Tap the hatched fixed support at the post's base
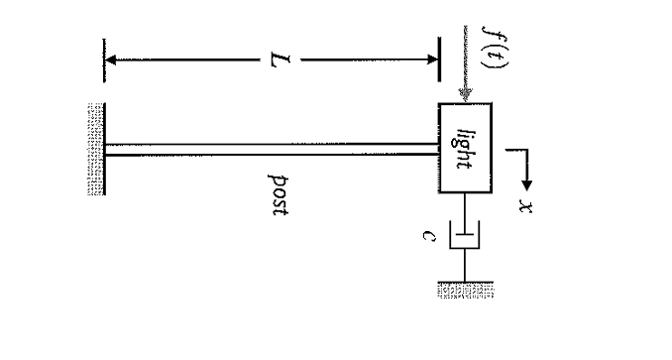95,149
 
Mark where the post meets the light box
438,149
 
